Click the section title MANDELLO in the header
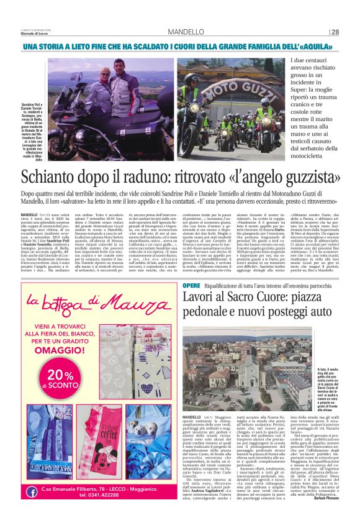coord(185,32)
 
